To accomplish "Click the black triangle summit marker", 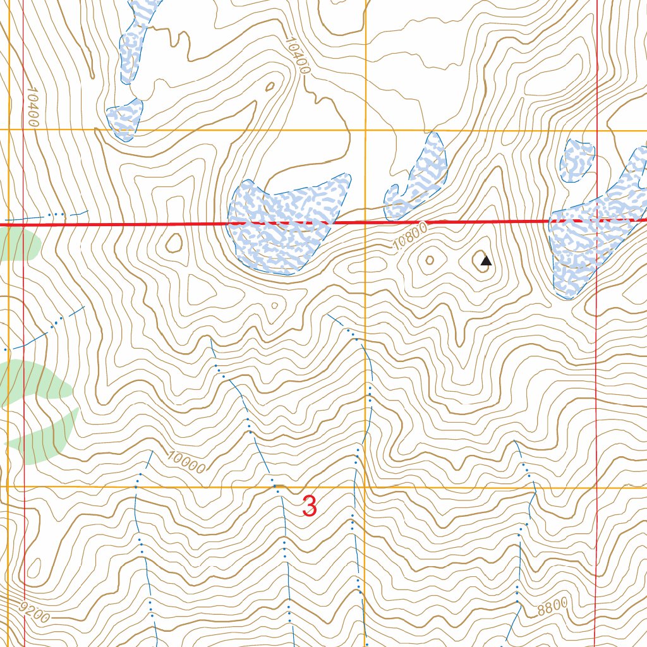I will (485, 260).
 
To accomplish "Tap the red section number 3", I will (310, 506).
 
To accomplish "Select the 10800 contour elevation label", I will (409, 238).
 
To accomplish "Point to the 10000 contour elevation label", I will (187, 462).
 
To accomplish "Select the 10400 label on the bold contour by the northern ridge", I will (297, 55).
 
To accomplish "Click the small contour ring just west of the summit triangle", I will (430, 260).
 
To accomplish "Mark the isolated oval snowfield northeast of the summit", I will (577, 160).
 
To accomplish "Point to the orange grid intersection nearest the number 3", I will (366, 488).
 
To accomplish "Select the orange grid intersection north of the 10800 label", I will (366, 130).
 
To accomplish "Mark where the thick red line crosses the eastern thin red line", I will (597, 221).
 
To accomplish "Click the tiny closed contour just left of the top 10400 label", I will (270, 87).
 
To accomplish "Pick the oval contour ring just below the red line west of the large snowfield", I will (173, 242).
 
